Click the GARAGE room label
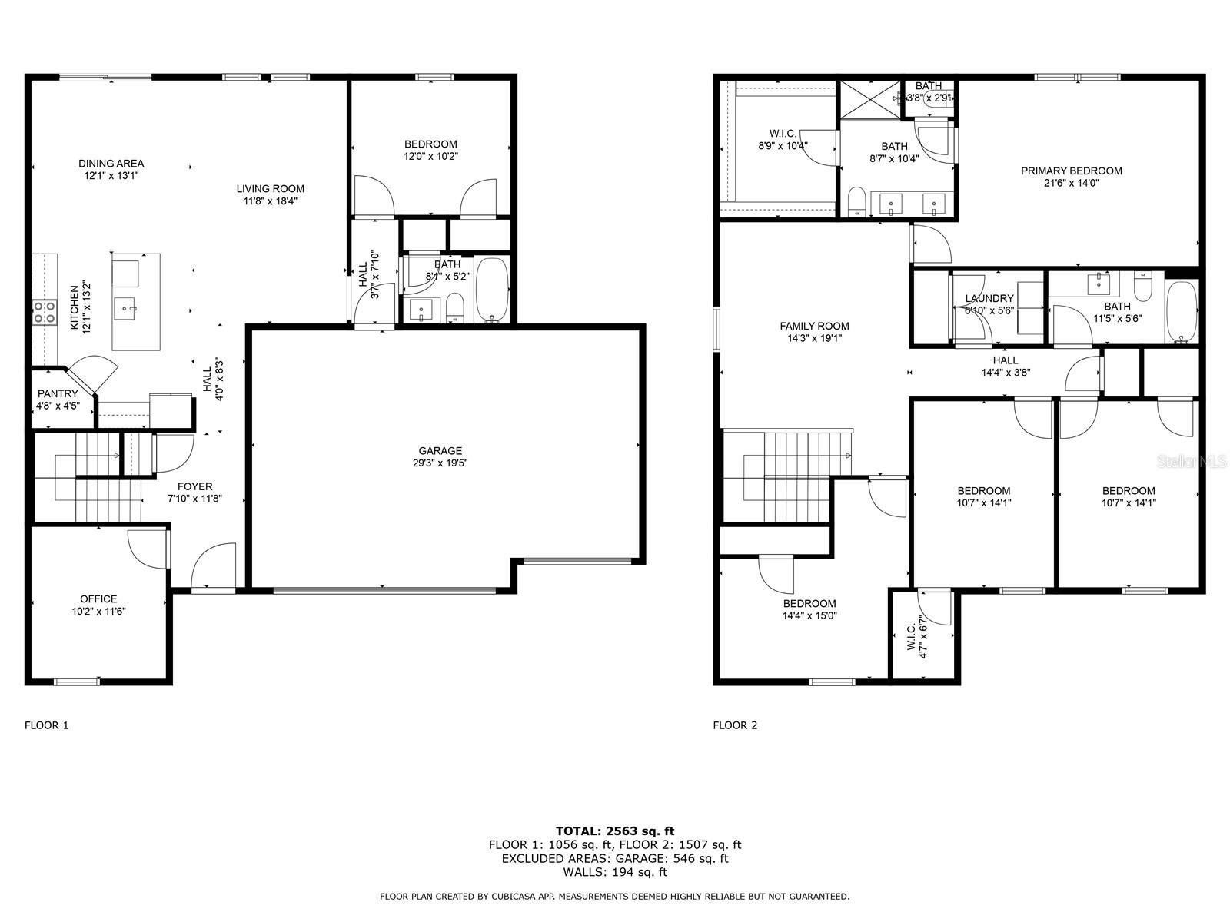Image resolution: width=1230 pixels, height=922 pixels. [440, 451]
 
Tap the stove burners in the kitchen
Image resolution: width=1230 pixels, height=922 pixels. [44, 312]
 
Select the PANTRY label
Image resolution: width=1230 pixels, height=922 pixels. [58, 393]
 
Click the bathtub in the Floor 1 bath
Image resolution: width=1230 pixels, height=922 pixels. [492, 290]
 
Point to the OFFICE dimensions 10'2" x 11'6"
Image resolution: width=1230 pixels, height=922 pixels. [98, 612]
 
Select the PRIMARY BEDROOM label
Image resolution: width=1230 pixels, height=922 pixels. [1071, 171]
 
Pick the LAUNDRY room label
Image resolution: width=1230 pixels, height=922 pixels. [989, 298]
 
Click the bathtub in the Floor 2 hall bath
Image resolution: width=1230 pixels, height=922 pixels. [1182, 311]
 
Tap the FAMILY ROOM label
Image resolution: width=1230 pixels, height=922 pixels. [814, 326]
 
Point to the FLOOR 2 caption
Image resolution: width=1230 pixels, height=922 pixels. [735, 725]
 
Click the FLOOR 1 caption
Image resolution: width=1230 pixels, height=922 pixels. [47, 725]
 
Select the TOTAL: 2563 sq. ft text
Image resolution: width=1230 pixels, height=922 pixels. [614, 831]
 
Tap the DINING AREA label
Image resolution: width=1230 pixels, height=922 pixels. [111, 163]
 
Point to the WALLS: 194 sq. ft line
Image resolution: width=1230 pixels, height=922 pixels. [614, 872]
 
